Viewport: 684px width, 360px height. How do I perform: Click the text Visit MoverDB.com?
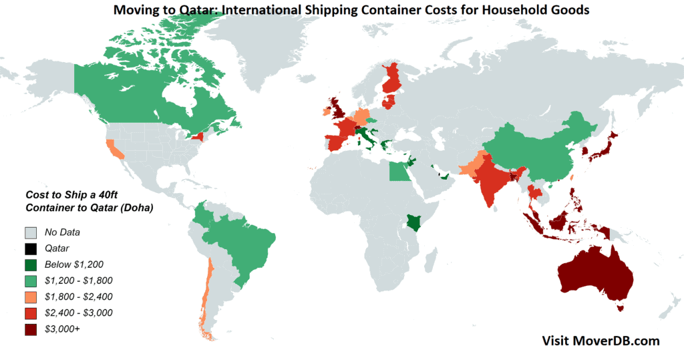(600, 341)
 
